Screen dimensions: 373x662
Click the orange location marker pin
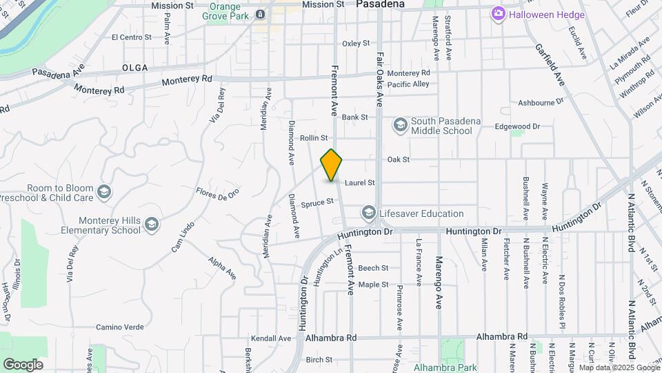coord(332,165)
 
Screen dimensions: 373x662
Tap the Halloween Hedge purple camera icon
coord(498,14)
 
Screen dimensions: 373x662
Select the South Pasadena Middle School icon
coord(400,125)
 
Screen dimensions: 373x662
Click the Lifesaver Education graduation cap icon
coord(369,213)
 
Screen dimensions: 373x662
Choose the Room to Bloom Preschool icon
coord(104,192)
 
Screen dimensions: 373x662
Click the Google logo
coord(23,365)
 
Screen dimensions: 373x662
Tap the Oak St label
coord(399,160)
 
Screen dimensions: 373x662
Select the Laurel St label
coord(360,183)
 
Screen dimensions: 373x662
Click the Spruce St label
coord(317,202)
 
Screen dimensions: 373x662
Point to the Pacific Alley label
coord(408,84)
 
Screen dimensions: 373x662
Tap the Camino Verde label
coord(119,327)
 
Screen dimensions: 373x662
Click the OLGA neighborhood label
coord(135,68)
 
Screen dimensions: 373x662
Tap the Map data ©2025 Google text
coord(619,367)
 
